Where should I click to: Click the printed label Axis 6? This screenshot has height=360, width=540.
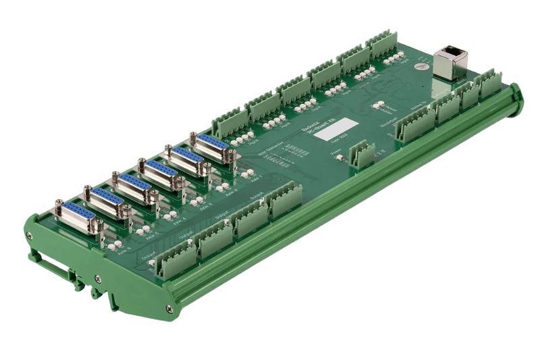point(124,255)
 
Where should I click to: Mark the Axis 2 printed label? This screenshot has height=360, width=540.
point(230,193)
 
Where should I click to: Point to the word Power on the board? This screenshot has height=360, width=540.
point(337,155)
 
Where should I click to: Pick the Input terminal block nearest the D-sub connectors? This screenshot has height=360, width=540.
point(230,122)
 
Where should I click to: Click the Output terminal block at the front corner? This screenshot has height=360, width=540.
point(173,259)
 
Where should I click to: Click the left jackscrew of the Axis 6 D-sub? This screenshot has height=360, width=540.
point(59,203)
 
